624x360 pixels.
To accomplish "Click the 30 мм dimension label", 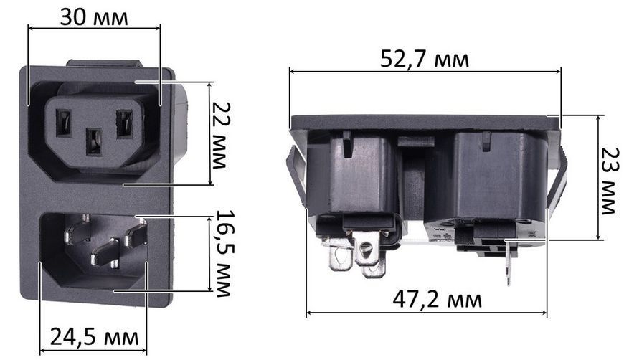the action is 94,18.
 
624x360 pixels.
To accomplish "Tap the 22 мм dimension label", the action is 221,135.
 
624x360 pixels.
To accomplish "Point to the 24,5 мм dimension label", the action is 94,337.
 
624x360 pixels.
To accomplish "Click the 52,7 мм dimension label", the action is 425,59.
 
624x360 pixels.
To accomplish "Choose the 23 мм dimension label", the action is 610,181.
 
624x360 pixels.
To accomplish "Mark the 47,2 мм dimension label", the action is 437,299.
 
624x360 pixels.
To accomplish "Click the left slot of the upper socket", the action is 63,123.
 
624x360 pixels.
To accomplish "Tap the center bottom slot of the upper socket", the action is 94,141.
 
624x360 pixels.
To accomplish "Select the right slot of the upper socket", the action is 124,124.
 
